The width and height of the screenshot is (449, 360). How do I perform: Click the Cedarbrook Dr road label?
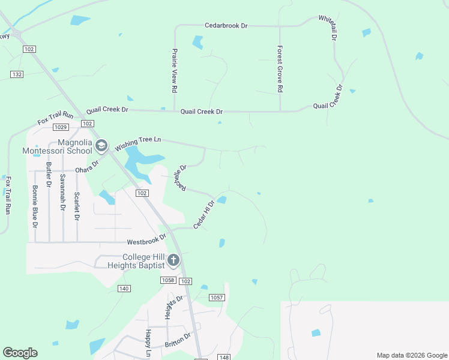tap(226, 26)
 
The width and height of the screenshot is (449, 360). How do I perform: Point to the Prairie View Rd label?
tap(174, 70)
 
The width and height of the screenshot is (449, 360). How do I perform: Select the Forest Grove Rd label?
tap(280, 69)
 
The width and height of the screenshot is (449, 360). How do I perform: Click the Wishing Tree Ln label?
tap(139, 143)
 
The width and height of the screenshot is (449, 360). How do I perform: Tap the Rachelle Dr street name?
tap(180, 178)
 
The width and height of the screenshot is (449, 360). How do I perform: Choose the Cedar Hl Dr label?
tap(203, 214)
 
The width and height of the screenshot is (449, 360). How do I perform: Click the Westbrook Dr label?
tap(146, 241)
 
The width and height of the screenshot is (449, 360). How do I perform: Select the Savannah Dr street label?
tap(62, 192)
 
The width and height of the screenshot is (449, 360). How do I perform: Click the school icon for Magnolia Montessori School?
tap(101, 145)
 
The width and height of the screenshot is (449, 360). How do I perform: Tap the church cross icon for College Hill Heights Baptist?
tap(173, 260)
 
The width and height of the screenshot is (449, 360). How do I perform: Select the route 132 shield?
tap(17, 74)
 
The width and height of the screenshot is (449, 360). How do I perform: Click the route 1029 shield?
tap(60, 127)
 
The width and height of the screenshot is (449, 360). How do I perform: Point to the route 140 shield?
tap(124, 289)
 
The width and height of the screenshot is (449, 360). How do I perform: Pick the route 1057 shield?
tap(217, 298)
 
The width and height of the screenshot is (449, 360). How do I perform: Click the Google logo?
tap(20, 352)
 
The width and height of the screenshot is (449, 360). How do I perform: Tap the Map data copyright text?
tap(412, 355)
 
